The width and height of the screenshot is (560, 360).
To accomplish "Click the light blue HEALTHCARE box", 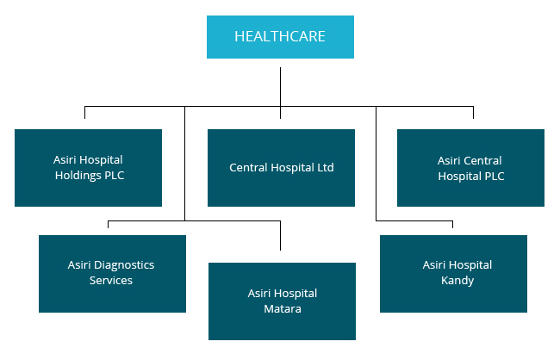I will pyautogui.click(x=280, y=36).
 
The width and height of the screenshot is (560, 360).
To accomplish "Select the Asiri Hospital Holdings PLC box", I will pyautogui.click(x=88, y=168).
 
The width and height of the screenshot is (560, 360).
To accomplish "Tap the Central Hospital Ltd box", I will pyautogui.click(x=281, y=168).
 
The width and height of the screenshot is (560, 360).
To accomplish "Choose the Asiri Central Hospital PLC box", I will pyautogui.click(x=470, y=168).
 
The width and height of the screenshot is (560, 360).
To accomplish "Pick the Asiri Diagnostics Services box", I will pyautogui.click(x=112, y=273).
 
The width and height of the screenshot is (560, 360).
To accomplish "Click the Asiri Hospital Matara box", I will pyautogui.click(x=282, y=301).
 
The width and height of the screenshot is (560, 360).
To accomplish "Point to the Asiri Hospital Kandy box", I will pyautogui.click(x=453, y=273).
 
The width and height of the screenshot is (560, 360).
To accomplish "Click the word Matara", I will pyautogui.click(x=283, y=309).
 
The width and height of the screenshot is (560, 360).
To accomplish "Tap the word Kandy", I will pyautogui.click(x=457, y=281).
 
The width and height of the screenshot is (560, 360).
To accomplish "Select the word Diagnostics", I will pyautogui.click(x=126, y=264).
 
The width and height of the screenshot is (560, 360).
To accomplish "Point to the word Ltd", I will pyautogui.click(x=325, y=168).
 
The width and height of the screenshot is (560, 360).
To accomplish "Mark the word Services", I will pyautogui.click(x=111, y=281).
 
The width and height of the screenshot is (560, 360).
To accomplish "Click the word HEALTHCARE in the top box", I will pyautogui.click(x=280, y=36).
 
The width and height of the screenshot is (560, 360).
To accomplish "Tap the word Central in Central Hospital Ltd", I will pyautogui.click(x=248, y=168).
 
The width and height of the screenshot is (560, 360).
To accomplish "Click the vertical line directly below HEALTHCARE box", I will pyautogui.click(x=281, y=86).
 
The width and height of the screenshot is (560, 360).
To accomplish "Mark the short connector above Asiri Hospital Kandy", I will pyautogui.click(x=453, y=226).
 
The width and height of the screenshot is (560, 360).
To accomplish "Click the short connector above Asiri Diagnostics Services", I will pyautogui.click(x=109, y=226).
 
